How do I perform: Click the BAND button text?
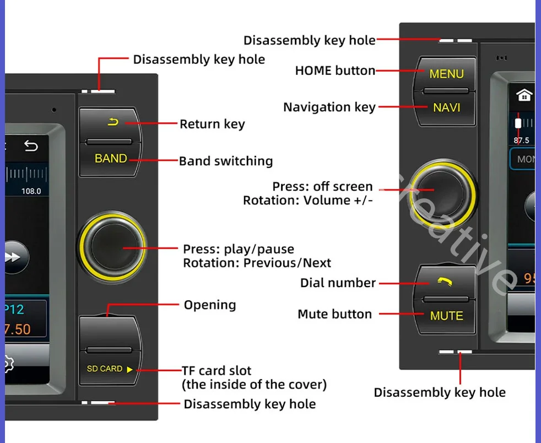111,159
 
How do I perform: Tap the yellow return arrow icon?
113,122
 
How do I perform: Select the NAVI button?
446,107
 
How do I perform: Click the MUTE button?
446,316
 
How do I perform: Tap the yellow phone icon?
445,282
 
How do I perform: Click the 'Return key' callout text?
212,124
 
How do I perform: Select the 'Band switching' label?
226,161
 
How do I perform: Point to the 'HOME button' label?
335,71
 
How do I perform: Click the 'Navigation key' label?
329,107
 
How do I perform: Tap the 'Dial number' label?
338,283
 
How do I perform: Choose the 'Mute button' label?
334,314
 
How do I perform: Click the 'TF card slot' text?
217,370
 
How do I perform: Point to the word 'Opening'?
209,305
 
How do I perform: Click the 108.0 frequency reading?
31,191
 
